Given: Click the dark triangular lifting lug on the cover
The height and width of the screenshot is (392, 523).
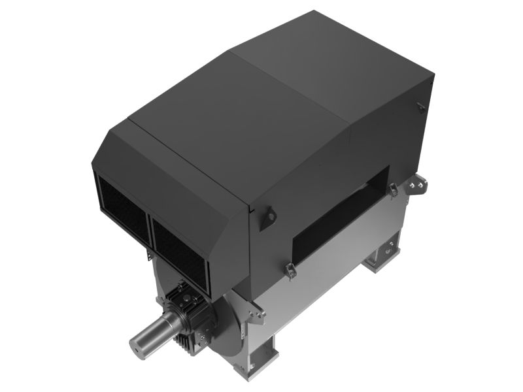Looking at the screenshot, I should tap(267, 218).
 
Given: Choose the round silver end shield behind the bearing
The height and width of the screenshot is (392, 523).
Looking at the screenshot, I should tap(226, 327).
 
